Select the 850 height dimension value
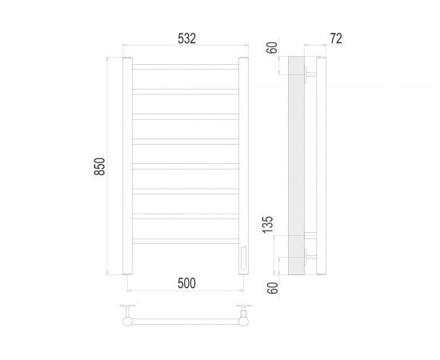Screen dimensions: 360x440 tap(99, 166)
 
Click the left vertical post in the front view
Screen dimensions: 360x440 tap(126, 166)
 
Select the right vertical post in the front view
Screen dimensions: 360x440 tap(243, 166)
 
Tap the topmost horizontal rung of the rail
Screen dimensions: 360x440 tap(185, 64)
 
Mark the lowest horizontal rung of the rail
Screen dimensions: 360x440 tap(185, 239)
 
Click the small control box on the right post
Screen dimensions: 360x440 tap(243, 258)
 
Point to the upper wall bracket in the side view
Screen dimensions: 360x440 tap(310, 77)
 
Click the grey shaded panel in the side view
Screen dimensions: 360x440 tap(295, 166)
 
